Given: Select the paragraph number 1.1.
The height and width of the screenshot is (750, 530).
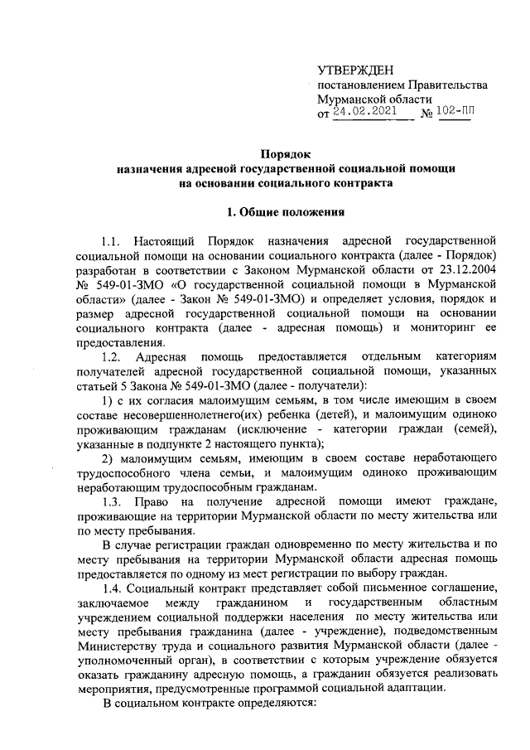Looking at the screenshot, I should (111, 243).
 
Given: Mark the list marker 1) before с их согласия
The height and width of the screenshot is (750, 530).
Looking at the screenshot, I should (108, 402).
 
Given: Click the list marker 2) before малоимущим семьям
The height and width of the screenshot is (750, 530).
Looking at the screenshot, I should (108, 458).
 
